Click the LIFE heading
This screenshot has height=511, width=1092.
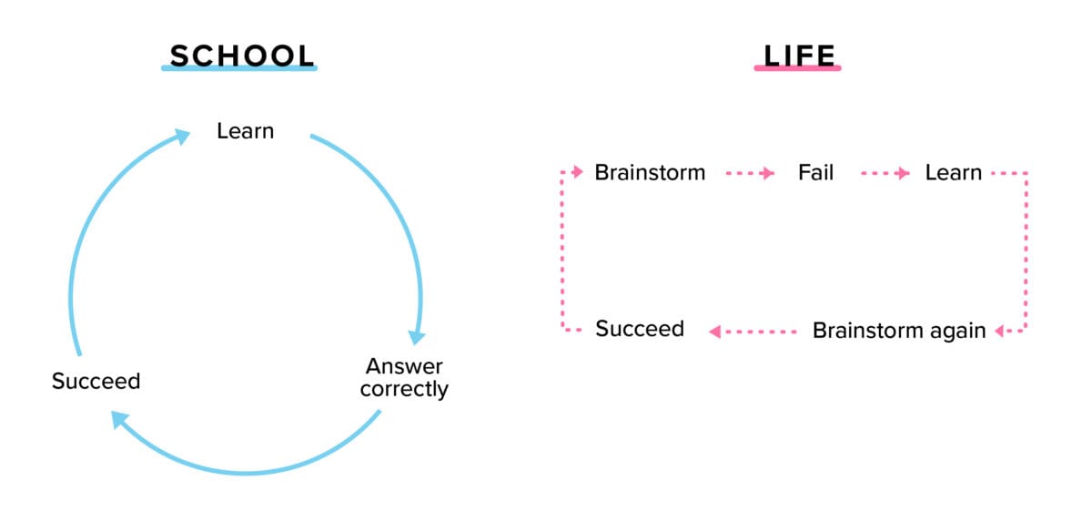click(798, 55)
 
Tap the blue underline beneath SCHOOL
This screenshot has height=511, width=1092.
click(239, 69)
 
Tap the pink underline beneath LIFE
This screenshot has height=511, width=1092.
click(798, 68)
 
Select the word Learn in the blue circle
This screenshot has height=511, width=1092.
click(245, 131)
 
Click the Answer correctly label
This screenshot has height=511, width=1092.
click(404, 377)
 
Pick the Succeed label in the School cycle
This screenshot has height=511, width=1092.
click(96, 381)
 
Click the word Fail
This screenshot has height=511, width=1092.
click(815, 172)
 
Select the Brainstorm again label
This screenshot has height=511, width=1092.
click(898, 330)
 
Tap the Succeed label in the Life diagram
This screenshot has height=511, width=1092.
click(639, 328)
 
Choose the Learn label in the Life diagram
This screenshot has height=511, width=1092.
click(953, 172)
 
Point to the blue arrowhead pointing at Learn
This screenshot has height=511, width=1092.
click(182, 137)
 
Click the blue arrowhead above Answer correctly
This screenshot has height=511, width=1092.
click(417, 336)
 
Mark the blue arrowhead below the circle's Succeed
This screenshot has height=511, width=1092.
click(119, 419)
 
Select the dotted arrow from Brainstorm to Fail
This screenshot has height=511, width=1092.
click(751, 172)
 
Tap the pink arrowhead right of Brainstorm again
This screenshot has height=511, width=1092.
click(1000, 331)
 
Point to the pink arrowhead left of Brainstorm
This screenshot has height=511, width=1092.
click(577, 171)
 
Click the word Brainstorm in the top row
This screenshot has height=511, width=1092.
click(649, 172)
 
